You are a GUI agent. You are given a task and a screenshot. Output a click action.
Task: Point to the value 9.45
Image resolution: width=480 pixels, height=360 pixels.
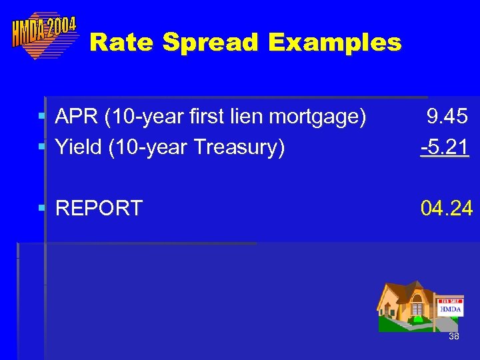click(x=447, y=117)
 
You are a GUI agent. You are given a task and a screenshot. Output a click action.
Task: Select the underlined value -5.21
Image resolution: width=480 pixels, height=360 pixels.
click(x=445, y=146)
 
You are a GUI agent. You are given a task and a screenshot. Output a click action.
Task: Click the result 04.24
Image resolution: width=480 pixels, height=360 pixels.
click(x=446, y=209)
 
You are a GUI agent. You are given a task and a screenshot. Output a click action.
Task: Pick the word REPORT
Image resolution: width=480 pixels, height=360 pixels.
click(x=99, y=209)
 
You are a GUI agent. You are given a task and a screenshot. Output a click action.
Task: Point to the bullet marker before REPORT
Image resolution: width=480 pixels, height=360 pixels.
click(x=42, y=209)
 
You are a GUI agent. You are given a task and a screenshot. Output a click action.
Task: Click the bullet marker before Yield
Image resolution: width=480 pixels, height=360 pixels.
click(x=42, y=145)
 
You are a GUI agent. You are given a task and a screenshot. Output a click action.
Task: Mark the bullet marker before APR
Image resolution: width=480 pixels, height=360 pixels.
click(x=42, y=117)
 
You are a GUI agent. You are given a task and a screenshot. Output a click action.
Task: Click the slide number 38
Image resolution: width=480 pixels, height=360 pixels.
click(x=453, y=337)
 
